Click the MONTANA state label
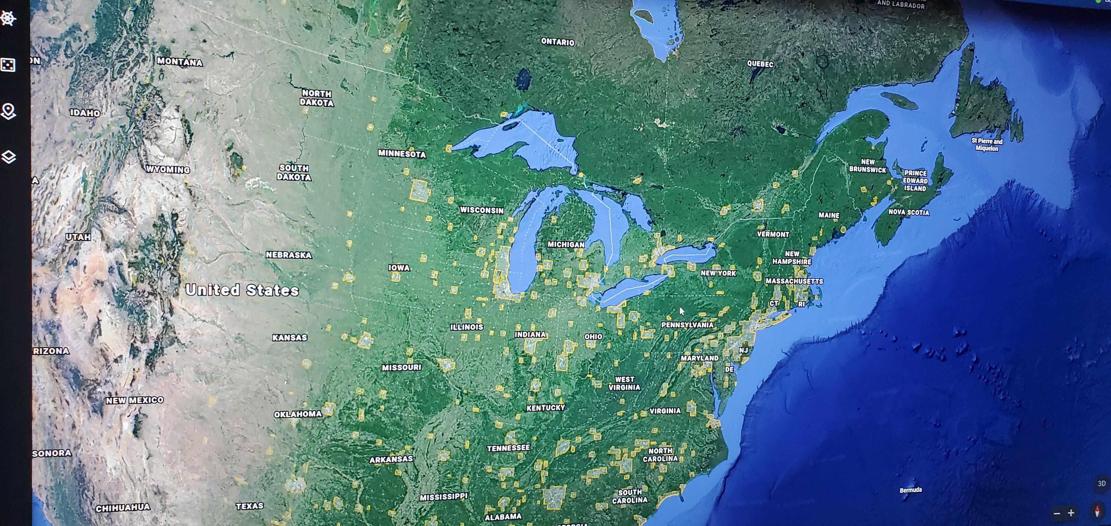[179, 62]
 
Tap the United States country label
[242, 290]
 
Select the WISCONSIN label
[482, 210]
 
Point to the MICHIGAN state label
[566, 245]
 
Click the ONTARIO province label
[558, 42]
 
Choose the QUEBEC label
[760, 64]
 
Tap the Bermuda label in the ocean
[910, 490]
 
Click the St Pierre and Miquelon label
[987, 144]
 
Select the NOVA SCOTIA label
[909, 212]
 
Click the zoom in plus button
[1071, 513]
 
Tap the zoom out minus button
[1057, 513]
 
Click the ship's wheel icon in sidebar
[8, 18]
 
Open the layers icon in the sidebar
[9, 157]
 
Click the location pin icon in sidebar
[8, 111]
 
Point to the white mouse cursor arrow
[681, 311]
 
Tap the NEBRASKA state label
[288, 255]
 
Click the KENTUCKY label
[546, 408]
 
